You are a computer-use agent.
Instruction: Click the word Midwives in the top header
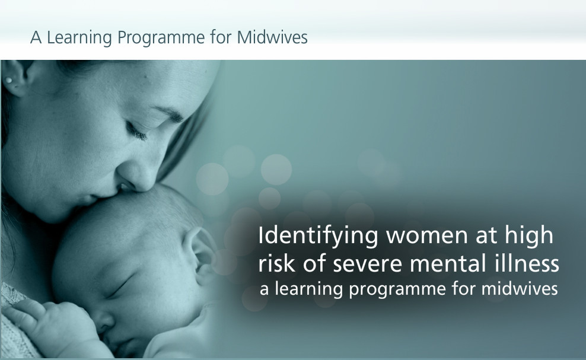tap(272, 37)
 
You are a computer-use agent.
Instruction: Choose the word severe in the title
tap(367, 264)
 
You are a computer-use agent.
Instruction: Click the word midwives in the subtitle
tap(520, 289)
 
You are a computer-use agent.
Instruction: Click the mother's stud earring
tap(8, 81)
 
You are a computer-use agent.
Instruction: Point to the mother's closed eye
tap(137, 131)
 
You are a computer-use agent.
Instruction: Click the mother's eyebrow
tap(169, 113)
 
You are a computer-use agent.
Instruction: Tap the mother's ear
tap(16, 77)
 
